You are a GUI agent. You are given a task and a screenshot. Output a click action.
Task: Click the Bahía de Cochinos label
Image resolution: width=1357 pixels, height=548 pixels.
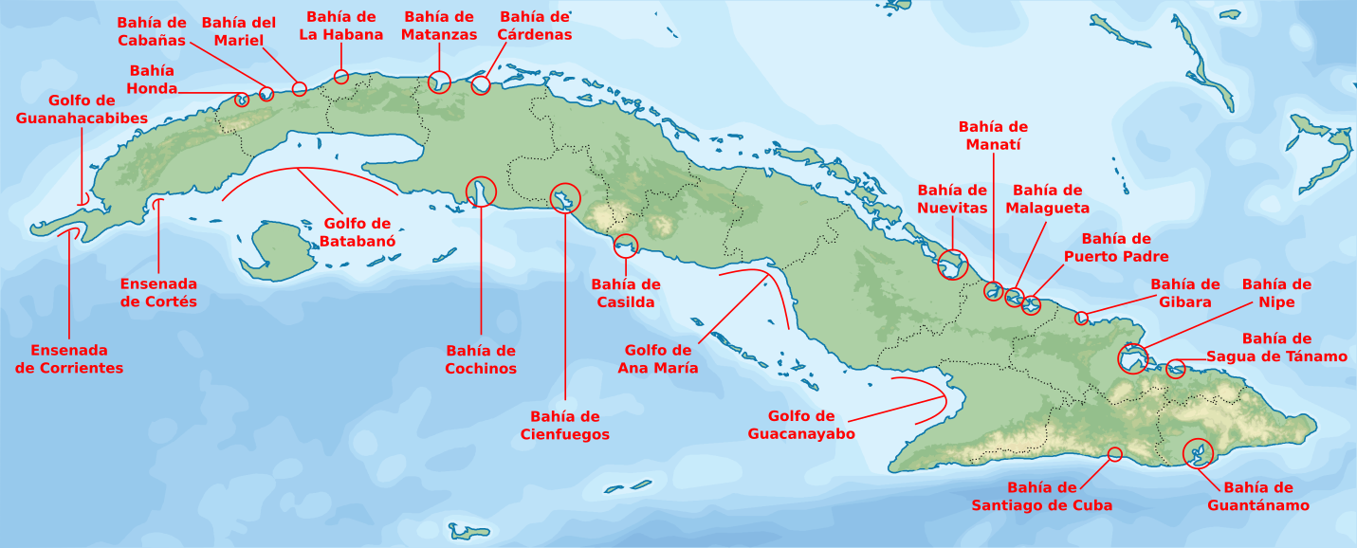[481, 359]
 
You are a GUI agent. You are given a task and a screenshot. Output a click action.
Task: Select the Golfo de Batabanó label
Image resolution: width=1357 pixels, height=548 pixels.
[357, 232]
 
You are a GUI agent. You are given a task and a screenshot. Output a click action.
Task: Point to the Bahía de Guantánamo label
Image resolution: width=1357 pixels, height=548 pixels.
[1257, 496]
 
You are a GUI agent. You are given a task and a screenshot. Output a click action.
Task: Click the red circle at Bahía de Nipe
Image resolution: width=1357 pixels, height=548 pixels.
[1132, 359]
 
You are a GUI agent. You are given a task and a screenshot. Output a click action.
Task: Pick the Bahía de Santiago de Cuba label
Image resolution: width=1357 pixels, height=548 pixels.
[1041, 496]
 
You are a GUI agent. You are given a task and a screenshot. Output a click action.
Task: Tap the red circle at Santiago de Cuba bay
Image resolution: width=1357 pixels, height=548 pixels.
[1115, 455]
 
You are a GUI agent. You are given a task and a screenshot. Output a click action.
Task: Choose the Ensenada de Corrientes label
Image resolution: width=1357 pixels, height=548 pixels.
[69, 358]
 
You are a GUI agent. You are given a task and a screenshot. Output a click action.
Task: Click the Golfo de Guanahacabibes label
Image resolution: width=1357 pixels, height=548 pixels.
[82, 109]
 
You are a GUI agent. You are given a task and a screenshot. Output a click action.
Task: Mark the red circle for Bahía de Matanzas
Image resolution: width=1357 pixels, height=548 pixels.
[439, 82]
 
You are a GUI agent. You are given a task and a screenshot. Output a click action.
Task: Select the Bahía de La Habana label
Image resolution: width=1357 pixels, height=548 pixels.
[341, 26]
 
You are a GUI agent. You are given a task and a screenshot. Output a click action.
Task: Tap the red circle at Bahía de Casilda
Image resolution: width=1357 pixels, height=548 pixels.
[627, 246]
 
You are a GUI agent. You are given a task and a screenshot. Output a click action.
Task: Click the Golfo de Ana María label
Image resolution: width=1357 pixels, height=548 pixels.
[657, 358]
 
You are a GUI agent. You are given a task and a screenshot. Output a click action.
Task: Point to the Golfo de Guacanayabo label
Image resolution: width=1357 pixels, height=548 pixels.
[801, 425]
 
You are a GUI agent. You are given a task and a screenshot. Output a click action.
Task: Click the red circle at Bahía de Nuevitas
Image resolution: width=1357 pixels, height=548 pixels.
[953, 265]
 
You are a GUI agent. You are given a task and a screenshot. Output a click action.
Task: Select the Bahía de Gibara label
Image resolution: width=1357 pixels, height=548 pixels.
[1184, 293]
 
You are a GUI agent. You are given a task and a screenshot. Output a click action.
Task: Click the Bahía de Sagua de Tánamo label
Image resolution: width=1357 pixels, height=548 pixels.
[1276, 347]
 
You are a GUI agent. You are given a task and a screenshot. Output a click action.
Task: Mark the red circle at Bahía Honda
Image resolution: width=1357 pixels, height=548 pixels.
[242, 100]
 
